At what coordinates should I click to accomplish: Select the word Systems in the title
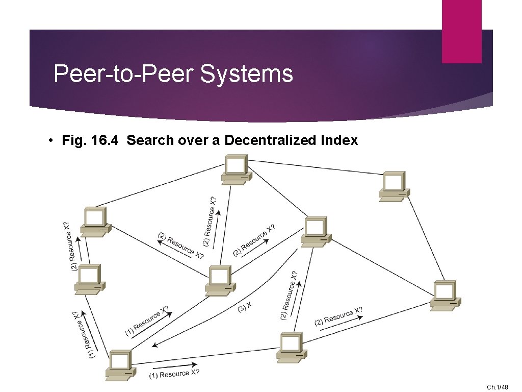click(246, 73)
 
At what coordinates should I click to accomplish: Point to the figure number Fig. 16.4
click(92, 140)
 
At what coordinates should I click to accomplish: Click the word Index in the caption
click(340, 140)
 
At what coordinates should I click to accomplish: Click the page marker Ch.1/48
click(497, 387)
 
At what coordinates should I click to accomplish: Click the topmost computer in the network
click(236, 169)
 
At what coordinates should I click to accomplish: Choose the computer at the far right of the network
click(445, 295)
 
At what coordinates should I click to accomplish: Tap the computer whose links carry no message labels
click(394, 186)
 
